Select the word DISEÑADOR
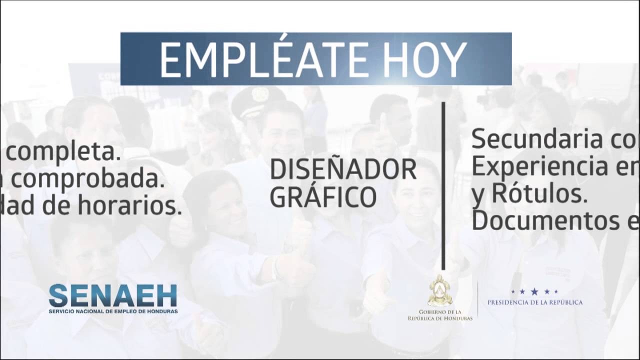pyautogui.click(x=343, y=170)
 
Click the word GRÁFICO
pyautogui.click(x=323, y=196)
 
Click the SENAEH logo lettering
pyautogui.click(x=113, y=295)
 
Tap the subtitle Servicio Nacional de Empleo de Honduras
pyautogui.click(x=113, y=311)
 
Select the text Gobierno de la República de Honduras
pyautogui.click(x=440, y=315)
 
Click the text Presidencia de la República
pyautogui.click(x=534, y=302)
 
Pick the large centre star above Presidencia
pyautogui.click(x=534, y=291)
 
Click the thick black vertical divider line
pyautogui.click(x=443, y=185)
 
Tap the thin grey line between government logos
pyautogui.click(x=477, y=299)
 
